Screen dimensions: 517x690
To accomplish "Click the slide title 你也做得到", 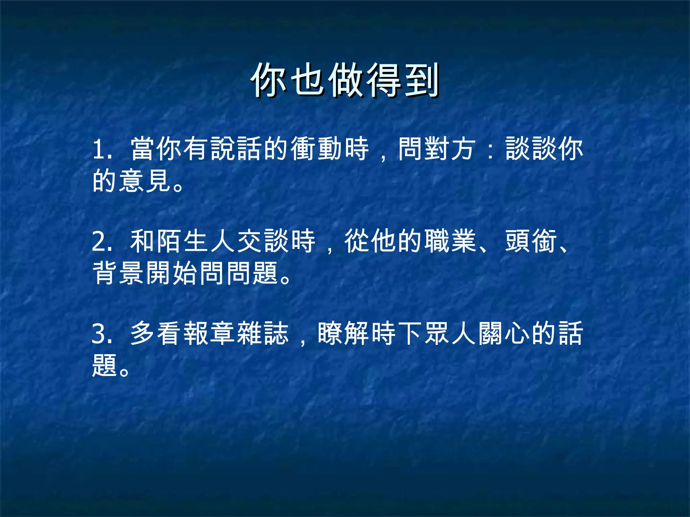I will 345,80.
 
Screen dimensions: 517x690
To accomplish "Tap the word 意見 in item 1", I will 146,181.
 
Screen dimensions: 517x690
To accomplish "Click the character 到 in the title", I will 421,80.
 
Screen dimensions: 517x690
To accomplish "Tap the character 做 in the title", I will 346,80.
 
